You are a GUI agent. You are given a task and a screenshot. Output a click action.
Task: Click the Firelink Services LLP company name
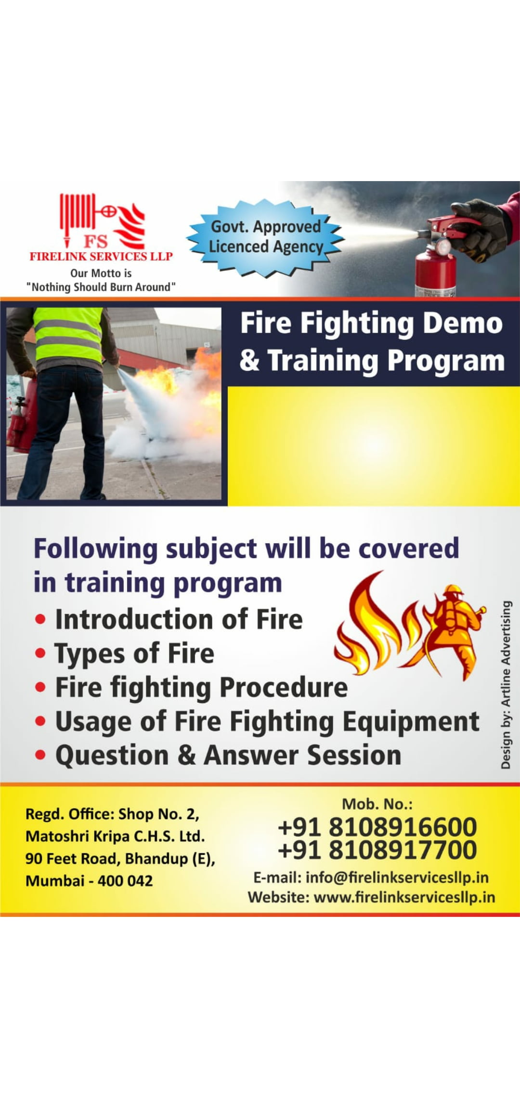(101, 256)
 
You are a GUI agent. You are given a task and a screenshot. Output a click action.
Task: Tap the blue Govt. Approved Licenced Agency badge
(265, 237)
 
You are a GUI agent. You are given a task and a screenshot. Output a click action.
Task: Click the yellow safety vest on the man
(68, 334)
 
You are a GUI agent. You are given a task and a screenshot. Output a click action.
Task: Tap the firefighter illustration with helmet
(453, 631)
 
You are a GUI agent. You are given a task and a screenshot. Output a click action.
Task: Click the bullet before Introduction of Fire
(40, 620)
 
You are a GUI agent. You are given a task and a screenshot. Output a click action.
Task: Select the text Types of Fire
(134, 654)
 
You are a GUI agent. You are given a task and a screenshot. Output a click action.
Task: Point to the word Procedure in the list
(284, 687)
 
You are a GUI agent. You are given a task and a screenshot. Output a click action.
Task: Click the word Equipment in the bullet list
(411, 722)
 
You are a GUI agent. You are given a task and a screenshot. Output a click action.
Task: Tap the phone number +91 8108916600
(377, 827)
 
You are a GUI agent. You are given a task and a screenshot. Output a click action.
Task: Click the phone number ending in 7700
(377, 850)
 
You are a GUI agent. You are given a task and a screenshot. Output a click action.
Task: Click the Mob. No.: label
(377, 804)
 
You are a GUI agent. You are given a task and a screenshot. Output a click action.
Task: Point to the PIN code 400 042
(125, 881)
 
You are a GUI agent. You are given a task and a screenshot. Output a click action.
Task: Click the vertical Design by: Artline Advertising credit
(506, 684)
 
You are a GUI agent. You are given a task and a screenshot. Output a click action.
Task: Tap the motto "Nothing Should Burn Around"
(101, 287)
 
